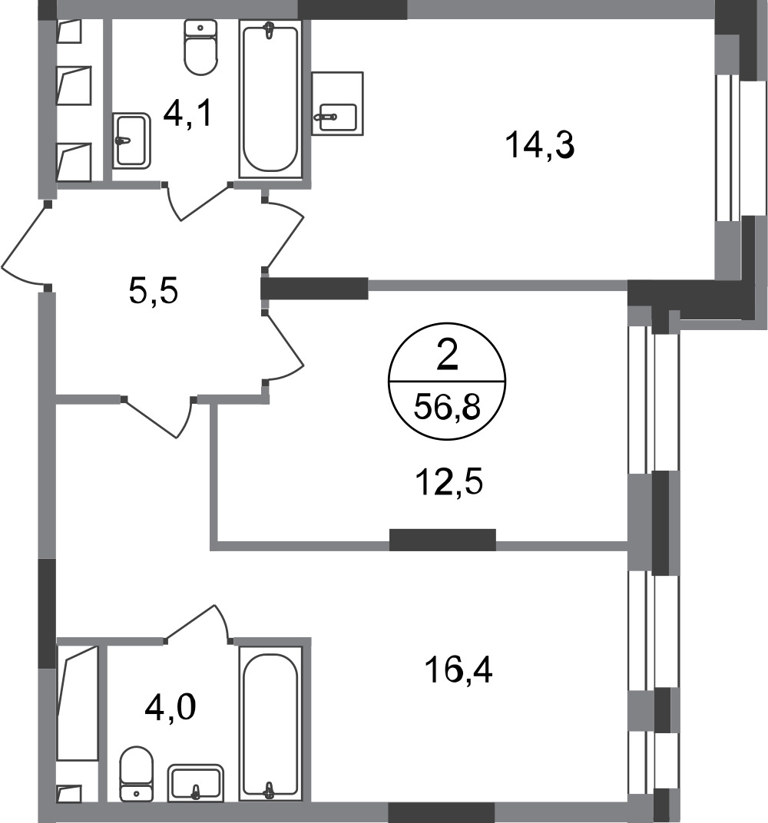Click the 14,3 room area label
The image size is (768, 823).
[540, 145]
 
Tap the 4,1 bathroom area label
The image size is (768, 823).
[188, 113]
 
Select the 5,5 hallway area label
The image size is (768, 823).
[154, 291]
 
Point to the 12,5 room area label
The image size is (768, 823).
[449, 482]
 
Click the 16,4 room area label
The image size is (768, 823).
[458, 670]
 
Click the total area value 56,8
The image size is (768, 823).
[447, 408]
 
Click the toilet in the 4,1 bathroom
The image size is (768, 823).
[200, 48]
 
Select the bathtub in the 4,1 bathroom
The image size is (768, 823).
[270, 99]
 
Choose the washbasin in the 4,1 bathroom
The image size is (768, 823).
[132, 140]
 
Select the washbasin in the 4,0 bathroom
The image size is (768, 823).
[196, 783]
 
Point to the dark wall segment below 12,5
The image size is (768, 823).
[442, 540]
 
